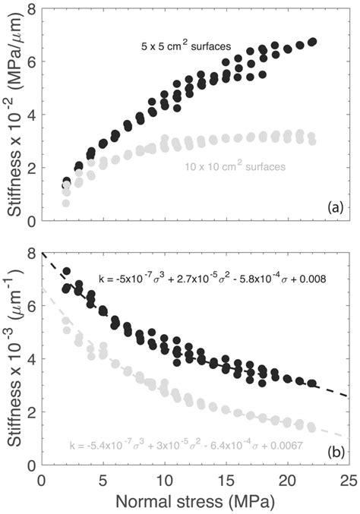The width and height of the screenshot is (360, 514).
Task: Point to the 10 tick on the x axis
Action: [164, 480]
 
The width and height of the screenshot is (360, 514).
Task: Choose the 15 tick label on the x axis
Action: [226, 480]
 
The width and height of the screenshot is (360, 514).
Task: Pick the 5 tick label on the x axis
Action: [103, 480]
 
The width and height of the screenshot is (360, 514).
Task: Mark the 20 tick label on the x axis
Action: [287, 480]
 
